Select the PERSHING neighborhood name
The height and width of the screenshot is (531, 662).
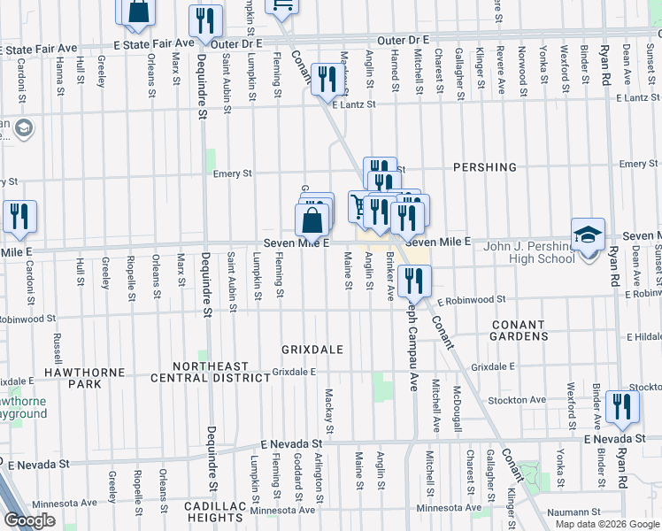(x=484, y=166)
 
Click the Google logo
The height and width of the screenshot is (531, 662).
(x=29, y=520)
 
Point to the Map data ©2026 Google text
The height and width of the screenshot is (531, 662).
(x=607, y=524)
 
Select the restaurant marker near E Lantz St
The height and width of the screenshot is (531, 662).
(x=329, y=80)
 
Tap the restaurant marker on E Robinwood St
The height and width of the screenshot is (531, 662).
(x=413, y=281)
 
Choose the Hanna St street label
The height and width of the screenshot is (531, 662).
(x=59, y=69)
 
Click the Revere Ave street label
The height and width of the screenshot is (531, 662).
(x=500, y=63)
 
